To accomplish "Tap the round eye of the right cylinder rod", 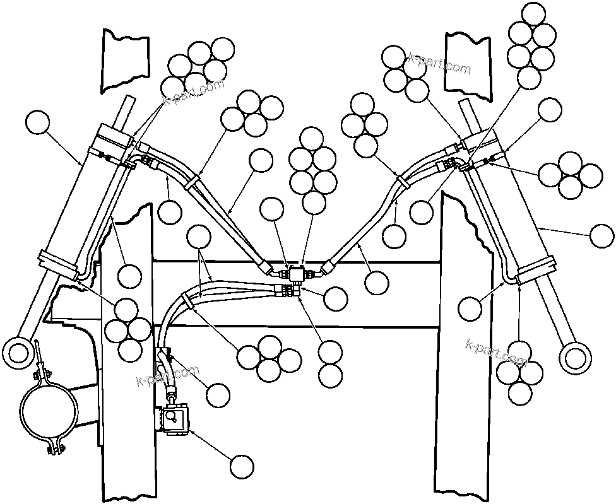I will pyautogui.click(x=575, y=356).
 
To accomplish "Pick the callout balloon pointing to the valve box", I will pyautogui.click(x=242, y=467).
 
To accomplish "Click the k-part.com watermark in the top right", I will pyautogui.click(x=439, y=64).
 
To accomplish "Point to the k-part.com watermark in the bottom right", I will pyautogui.click(x=495, y=353).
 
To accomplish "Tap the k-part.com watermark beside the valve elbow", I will pyautogui.click(x=168, y=375).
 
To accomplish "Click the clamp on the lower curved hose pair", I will pyautogui.click(x=187, y=300).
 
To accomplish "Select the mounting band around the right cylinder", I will pyautogui.click(x=535, y=269).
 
